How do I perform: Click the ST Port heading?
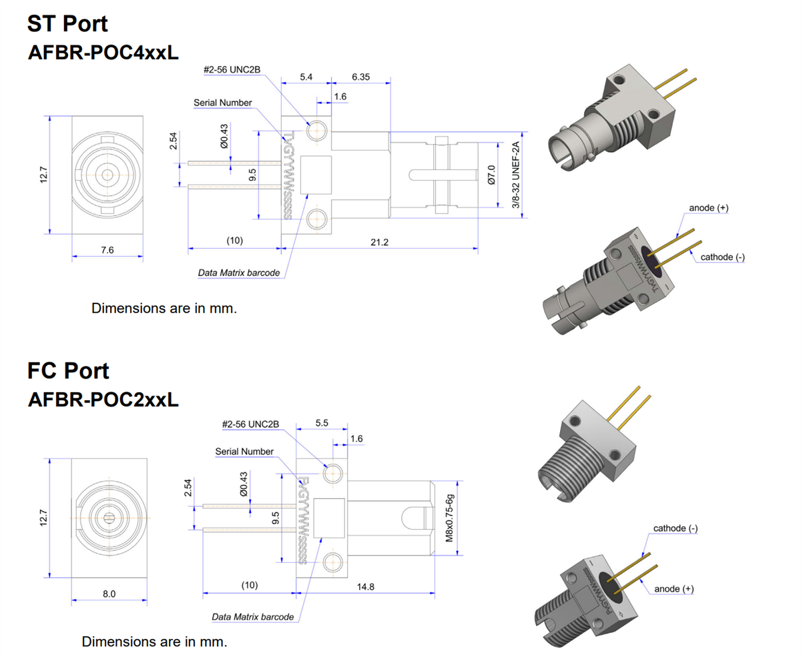click(67, 23)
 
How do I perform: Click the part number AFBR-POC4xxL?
click(103, 53)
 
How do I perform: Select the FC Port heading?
click(67, 370)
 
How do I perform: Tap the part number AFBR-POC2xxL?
click(103, 400)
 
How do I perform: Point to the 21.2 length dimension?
click(379, 241)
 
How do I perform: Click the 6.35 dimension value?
click(360, 77)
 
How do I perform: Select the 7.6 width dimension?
click(107, 249)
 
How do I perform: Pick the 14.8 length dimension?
click(366, 586)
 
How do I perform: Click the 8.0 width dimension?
click(109, 594)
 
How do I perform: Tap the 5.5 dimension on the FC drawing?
click(322, 423)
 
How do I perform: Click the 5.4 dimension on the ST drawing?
click(306, 77)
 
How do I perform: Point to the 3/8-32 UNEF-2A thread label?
click(516, 175)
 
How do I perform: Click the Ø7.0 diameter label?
click(491, 175)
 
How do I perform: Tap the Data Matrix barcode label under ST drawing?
click(238, 273)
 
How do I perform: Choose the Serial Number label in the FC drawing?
click(244, 452)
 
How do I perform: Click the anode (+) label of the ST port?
click(708, 208)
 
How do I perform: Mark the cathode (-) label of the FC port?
click(676, 528)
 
